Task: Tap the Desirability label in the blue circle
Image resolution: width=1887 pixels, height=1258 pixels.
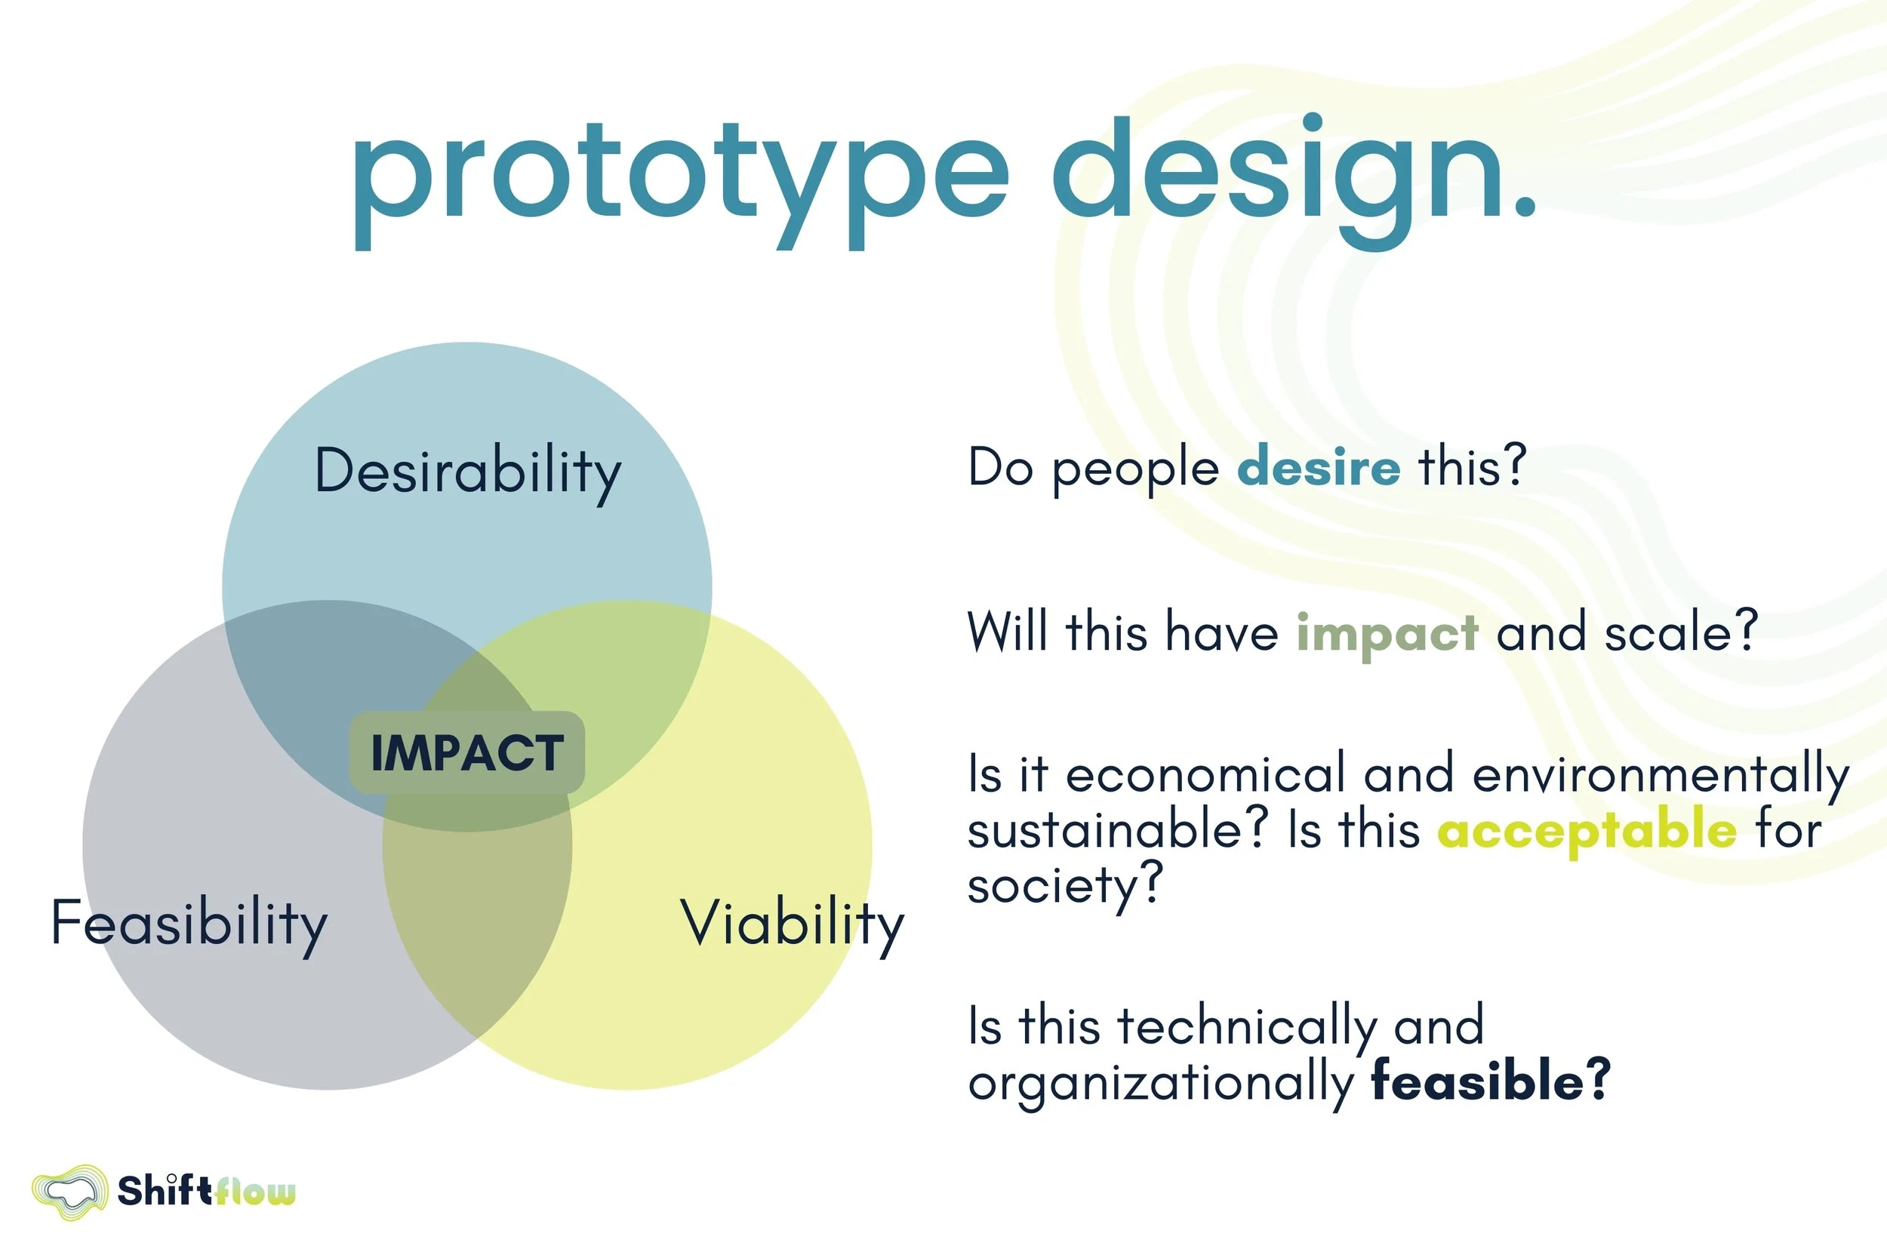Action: pos(468,471)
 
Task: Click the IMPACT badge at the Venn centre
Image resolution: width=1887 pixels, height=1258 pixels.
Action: pos(467,752)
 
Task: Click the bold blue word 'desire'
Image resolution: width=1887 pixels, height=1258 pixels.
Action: pos(1318,467)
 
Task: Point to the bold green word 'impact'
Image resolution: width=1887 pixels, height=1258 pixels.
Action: pos(1387,633)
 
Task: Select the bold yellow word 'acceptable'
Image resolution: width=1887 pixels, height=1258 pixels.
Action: pos(1586,830)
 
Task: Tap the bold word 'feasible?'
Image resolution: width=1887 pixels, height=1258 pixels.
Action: pos(1491,1081)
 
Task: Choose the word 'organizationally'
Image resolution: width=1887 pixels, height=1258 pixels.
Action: pos(1161,1083)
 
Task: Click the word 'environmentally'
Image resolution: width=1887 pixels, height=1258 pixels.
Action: pos(1660,775)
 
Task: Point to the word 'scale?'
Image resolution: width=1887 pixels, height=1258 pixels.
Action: pos(1681,633)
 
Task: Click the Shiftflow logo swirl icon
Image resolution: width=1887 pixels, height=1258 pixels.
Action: pos(69,1192)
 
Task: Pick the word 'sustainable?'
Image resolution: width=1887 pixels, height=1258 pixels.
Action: pos(1118,829)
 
